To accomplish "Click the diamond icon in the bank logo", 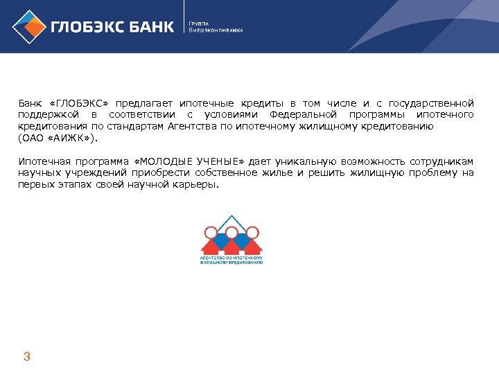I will (27, 26).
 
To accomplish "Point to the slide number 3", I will (27, 357).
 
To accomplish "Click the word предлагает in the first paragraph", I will (149, 103).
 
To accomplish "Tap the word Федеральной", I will (304, 114).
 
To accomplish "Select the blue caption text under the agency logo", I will (231, 260).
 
